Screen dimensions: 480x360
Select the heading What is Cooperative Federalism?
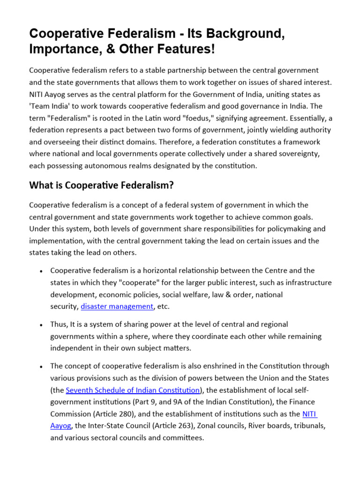pos(101,185)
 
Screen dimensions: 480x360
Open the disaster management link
pos(117,307)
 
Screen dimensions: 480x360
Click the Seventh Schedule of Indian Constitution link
pos(133,390)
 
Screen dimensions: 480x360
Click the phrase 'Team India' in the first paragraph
pos(48,106)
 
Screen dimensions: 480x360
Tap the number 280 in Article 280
pos(117,414)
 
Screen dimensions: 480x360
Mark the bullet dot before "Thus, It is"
pos(42,325)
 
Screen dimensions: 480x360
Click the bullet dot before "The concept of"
pos(42,367)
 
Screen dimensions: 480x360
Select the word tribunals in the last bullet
pos(307,426)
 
